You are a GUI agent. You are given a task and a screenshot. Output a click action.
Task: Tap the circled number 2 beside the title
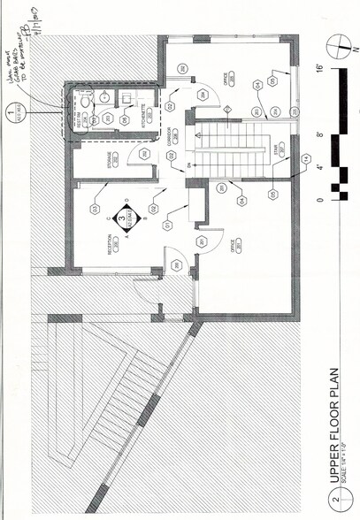[334, 503]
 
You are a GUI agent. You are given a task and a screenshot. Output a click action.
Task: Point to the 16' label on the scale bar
[319, 69]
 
